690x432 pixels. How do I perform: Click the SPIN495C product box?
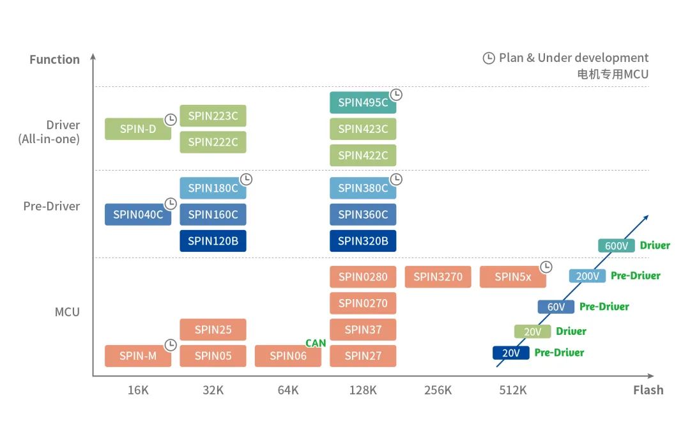(x=363, y=103)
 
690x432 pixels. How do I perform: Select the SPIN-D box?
(x=138, y=129)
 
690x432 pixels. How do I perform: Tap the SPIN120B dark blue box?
(x=213, y=241)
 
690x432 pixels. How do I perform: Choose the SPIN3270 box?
(x=438, y=277)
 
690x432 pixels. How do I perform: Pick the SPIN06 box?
(x=287, y=356)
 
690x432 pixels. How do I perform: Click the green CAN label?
(x=316, y=343)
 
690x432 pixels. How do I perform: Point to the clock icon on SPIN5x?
(x=546, y=267)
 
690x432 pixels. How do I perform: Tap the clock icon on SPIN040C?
(x=171, y=204)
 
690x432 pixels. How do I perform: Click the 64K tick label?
(x=287, y=390)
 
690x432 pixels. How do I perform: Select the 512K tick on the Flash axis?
(x=512, y=390)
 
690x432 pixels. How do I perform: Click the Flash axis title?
(x=648, y=390)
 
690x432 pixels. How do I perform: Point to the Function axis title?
(x=54, y=59)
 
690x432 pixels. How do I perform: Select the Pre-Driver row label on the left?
(x=52, y=206)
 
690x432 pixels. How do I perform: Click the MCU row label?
(x=67, y=312)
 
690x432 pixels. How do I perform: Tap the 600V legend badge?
(x=616, y=246)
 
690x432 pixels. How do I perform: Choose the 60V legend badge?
(x=556, y=307)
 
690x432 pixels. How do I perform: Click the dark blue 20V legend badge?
(x=511, y=353)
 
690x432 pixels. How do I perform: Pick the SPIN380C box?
(x=363, y=188)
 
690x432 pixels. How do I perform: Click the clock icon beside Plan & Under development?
(x=489, y=58)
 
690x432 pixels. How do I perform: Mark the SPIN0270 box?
(x=363, y=303)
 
